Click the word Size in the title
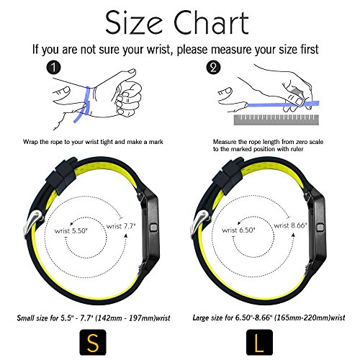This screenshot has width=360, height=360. (134, 23)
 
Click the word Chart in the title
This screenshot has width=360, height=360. (211, 22)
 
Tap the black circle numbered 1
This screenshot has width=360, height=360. (53, 68)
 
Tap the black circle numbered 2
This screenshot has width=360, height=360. (213, 68)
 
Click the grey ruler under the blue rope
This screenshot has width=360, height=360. (276, 120)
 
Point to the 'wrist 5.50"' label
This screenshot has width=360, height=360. (71, 231)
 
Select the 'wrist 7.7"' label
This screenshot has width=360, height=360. (121, 226)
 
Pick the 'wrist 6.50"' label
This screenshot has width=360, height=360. (238, 230)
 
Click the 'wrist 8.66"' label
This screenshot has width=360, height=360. (291, 225)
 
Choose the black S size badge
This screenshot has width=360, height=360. (93, 342)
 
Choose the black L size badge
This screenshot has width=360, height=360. (259, 342)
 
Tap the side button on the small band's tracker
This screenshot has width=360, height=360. (153, 228)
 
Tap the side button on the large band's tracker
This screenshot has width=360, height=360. (320, 228)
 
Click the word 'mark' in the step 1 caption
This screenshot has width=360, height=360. (156, 142)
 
